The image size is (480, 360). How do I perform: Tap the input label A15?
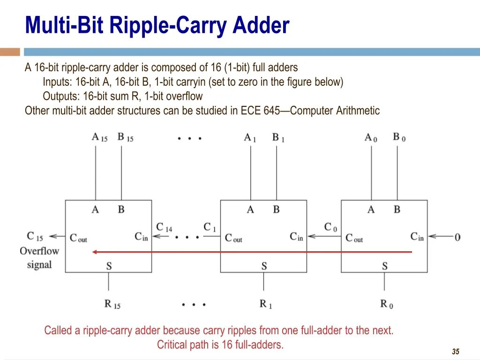click(99, 137)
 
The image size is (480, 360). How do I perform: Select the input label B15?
click(125, 137)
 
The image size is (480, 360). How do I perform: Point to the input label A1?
click(250, 137)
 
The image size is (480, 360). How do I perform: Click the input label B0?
click(399, 137)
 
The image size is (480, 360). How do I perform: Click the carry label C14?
click(164, 227)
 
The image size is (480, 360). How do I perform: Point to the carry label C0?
click(330, 227)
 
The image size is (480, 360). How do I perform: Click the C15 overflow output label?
click(35, 236)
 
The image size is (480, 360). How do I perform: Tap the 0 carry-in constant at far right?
click(457, 237)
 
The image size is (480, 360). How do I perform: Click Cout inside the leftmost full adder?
click(78, 238)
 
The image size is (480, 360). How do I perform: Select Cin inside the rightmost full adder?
click(417, 237)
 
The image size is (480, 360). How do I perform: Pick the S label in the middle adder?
click(264, 266)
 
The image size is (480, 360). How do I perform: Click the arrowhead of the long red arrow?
click(94, 252)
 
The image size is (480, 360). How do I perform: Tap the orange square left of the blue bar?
click(10, 52)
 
